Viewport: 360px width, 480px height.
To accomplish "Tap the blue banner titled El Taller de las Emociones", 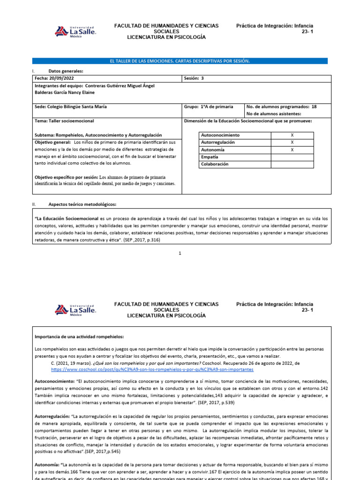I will pyautogui.click(x=180, y=61).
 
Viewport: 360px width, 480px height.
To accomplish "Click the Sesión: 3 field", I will pyautogui.click(x=195, y=78).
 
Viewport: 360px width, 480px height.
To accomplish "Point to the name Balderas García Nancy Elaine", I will pyautogui.click(x=67, y=92).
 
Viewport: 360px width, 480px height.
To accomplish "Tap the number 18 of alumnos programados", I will pyautogui.click(x=314, y=106).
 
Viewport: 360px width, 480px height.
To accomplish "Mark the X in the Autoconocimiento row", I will pyautogui.click(x=292, y=135).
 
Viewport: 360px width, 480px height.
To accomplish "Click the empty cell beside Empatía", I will pyautogui.click(x=292, y=157).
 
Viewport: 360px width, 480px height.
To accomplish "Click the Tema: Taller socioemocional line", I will pyautogui.click(x=61, y=121).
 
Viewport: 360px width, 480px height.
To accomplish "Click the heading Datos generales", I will pyautogui.click(x=66, y=71).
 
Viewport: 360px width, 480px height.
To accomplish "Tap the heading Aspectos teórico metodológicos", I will pyautogui.click(x=82, y=204).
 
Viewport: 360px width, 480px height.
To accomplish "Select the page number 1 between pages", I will pyautogui.click(x=180, y=253).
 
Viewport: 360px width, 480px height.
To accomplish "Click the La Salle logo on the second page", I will pyautogui.click(x=76, y=310).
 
